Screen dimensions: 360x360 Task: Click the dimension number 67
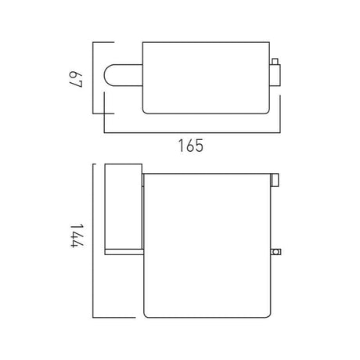76,79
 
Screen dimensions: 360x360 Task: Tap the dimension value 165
191,146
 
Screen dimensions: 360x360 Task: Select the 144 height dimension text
77,236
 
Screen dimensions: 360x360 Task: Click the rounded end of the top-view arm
107,75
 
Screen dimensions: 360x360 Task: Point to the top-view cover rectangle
206,77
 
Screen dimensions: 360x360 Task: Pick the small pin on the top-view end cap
275,61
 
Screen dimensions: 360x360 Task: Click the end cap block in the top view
275,75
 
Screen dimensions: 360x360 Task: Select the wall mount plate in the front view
124,207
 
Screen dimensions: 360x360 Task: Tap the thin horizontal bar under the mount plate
124,252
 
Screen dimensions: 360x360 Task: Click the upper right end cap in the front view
275,180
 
